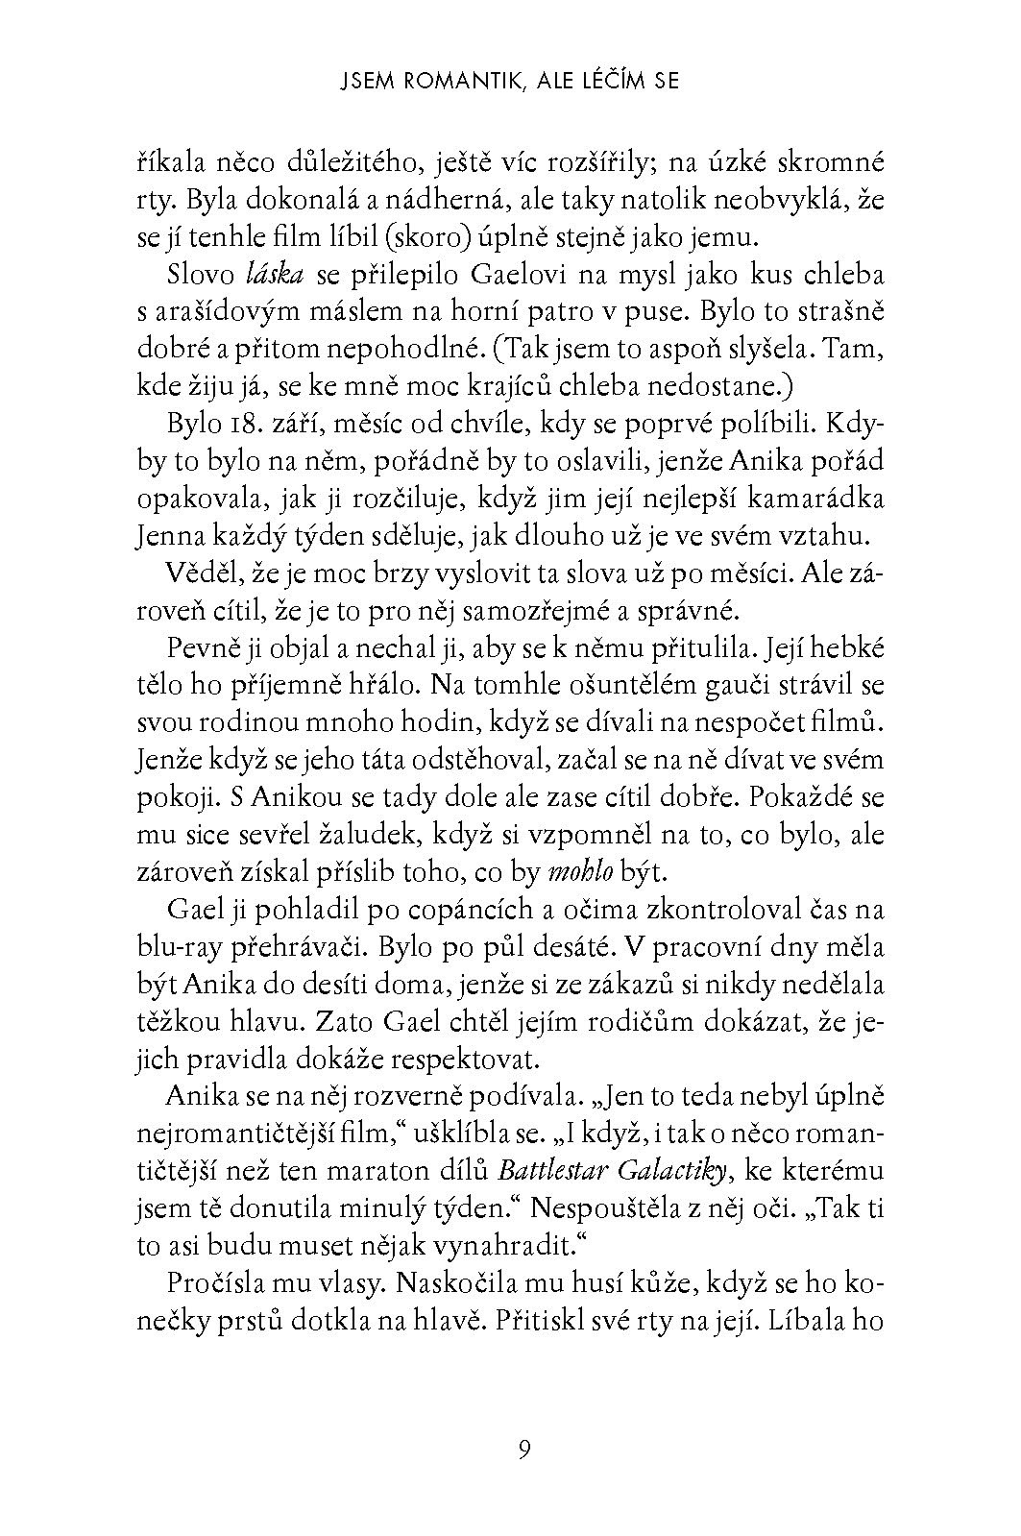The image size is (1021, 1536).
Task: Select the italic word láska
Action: coord(276,275)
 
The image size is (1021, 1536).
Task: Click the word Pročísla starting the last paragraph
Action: coord(215,1283)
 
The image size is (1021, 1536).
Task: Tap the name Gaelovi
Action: coord(516,275)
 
